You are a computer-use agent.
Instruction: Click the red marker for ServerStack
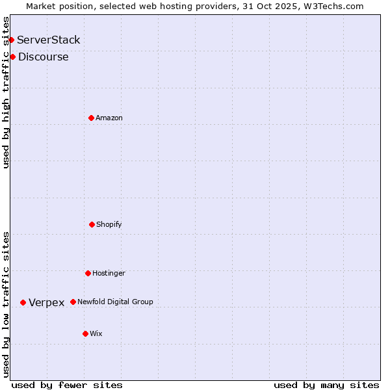pyautogui.click(x=11, y=40)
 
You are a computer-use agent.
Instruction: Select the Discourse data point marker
pyautogui.click(x=12, y=57)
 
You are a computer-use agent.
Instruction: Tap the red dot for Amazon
pyautogui.click(x=91, y=118)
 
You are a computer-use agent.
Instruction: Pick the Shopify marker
pyautogui.click(x=92, y=224)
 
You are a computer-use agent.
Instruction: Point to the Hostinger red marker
pyautogui.click(x=88, y=273)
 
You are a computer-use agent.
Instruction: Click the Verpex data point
pyautogui.click(x=23, y=302)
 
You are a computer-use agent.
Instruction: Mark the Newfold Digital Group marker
pyautogui.click(x=73, y=302)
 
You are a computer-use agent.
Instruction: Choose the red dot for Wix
pyautogui.click(x=85, y=333)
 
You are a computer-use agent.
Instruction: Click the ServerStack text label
pyautogui.click(x=49, y=40)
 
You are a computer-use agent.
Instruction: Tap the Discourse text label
pyautogui.click(x=44, y=57)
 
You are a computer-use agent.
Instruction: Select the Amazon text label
pyautogui.click(x=109, y=118)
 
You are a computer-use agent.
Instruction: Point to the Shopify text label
pyautogui.click(x=109, y=224)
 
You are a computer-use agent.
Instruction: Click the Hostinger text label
pyautogui.click(x=109, y=273)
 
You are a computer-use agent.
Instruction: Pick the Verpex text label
pyautogui.click(x=47, y=302)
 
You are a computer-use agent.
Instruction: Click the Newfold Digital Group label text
pyautogui.click(x=116, y=302)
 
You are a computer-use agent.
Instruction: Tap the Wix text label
pyautogui.click(x=96, y=333)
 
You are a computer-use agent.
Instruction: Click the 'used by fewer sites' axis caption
pyautogui.click(x=67, y=385)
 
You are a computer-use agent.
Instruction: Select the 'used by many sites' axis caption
pyautogui.click(x=326, y=385)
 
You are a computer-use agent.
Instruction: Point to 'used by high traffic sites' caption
pyautogui.click(x=6, y=92)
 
